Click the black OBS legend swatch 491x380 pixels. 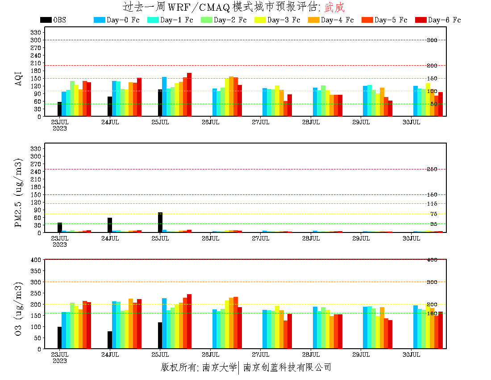46,20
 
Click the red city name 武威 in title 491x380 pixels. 334,7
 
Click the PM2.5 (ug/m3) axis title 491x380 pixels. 19,192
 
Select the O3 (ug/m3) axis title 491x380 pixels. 19,308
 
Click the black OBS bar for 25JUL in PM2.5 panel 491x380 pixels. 160,223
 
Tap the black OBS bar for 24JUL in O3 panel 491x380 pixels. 110,340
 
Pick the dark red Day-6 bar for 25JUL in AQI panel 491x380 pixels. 189,95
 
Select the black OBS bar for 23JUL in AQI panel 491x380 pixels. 59,109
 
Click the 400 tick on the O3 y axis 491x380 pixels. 36,260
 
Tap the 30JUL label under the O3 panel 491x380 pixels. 412,355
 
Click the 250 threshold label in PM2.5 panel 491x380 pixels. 432,169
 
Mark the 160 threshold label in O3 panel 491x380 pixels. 432,313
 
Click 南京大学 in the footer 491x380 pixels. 220,367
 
